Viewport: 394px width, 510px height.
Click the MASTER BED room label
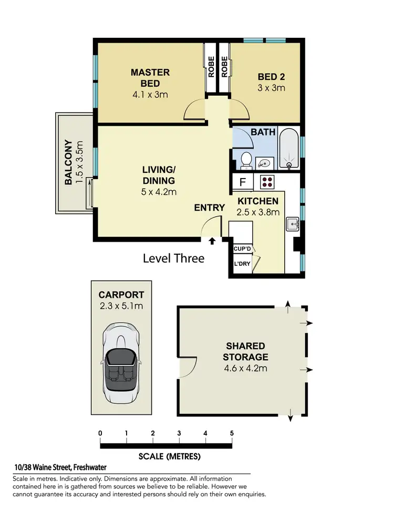click(x=150, y=78)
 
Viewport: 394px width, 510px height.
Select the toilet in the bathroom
click(x=244, y=159)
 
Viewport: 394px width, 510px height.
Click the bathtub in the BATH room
click(x=288, y=148)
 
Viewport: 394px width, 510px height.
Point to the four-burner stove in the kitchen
click(x=267, y=182)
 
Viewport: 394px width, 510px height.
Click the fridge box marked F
click(x=243, y=183)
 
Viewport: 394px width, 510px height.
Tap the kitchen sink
click(x=292, y=225)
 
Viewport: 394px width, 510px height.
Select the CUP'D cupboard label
click(x=241, y=249)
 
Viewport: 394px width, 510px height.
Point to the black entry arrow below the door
click(x=212, y=242)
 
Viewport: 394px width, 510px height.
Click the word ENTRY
click(x=210, y=208)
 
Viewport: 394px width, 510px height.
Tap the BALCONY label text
click(x=68, y=162)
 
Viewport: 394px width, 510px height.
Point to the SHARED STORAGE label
click(x=245, y=351)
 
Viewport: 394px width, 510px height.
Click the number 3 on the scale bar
click(x=179, y=433)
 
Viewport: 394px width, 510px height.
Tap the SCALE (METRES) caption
click(x=169, y=456)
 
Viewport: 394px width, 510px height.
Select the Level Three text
click(x=173, y=258)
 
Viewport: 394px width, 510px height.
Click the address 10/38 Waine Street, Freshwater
click(x=60, y=468)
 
